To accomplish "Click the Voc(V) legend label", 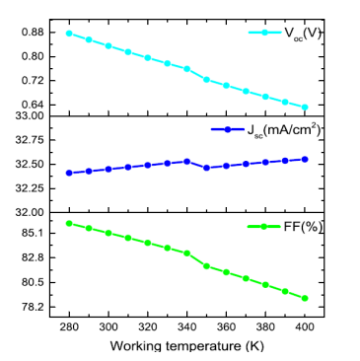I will [303, 33].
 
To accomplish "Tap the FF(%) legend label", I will [305, 227].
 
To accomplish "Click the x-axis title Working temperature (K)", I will [186, 345].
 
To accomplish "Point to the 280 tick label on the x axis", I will [69, 325].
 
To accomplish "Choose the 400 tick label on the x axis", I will [305, 325].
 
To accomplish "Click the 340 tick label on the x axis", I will [186, 325].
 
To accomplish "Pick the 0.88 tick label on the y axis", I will [34, 33].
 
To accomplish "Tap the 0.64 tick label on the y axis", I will [34, 105].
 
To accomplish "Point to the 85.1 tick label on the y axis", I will [34, 233].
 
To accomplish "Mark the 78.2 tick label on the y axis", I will [34, 307].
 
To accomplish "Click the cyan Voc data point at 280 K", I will [69, 33].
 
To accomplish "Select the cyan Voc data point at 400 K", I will [305, 108].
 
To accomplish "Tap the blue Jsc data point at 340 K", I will [186, 161].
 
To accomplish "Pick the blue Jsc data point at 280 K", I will [69, 173].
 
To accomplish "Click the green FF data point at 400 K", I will [305, 298].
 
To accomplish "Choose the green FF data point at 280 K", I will [69, 223].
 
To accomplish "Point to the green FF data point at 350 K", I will [206, 265].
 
